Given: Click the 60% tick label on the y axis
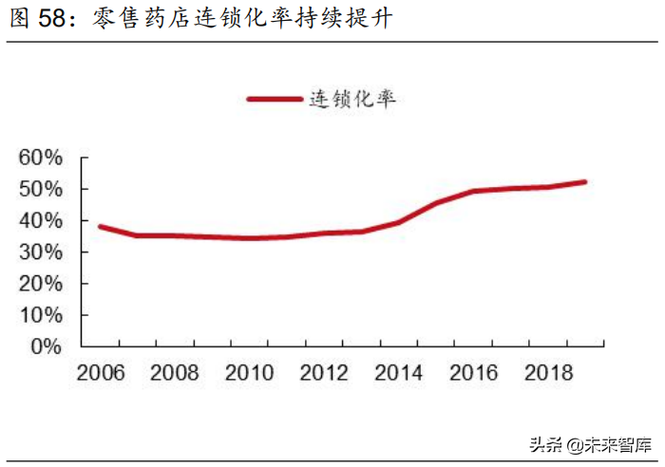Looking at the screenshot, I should point(41,158).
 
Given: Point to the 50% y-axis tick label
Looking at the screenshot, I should point(41,189).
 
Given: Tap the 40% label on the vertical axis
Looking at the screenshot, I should point(41,220).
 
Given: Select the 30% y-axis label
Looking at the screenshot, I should point(41,252).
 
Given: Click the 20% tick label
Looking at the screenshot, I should point(41,284).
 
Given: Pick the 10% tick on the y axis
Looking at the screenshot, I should point(41,315).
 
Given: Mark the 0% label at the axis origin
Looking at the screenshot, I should point(46,346).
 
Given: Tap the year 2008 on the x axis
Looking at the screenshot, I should point(175,373).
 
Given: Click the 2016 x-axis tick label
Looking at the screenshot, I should point(473,373).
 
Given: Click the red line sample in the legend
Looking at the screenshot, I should point(274,98).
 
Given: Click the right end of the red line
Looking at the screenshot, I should point(584,181).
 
